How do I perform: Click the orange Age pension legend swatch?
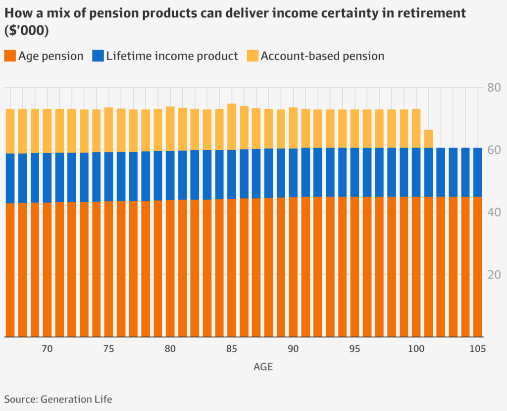point(10,56)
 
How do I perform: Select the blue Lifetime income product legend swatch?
point(98,56)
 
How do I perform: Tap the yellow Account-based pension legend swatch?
point(252,56)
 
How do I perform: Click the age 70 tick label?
point(47,349)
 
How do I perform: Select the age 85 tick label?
point(231,349)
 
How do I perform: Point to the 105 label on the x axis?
point(477,349)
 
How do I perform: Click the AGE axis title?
point(263,367)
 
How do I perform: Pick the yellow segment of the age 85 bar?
point(231,126)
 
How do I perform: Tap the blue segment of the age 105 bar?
point(477,172)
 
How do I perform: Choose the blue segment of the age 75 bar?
point(108,176)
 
